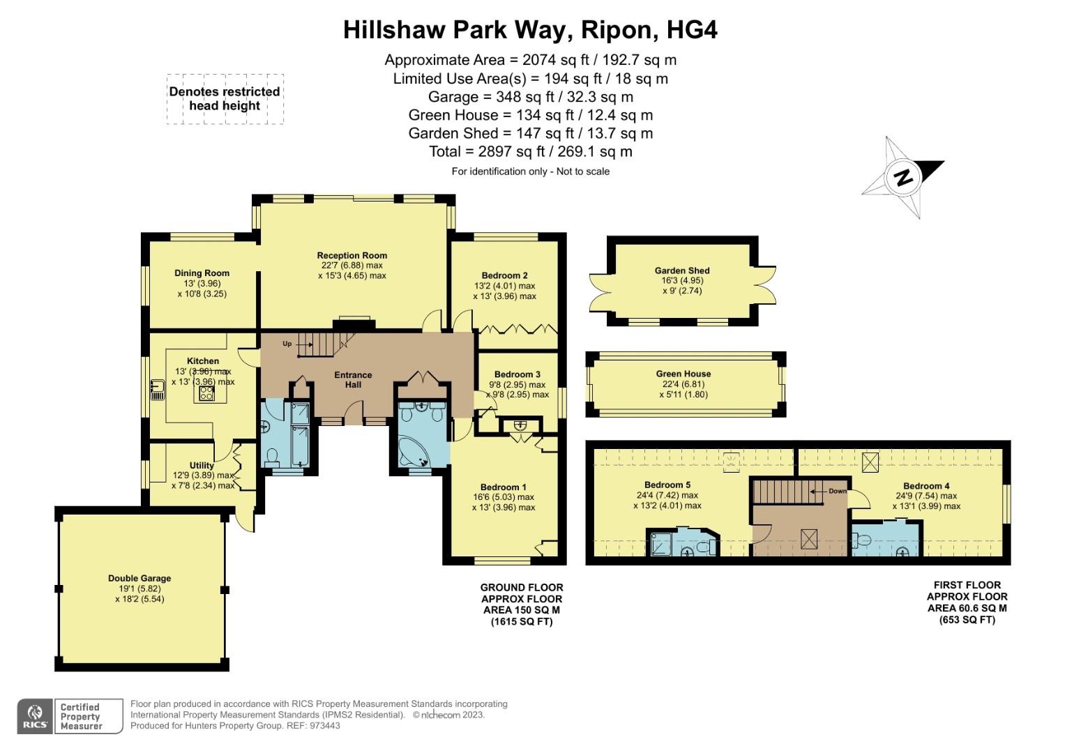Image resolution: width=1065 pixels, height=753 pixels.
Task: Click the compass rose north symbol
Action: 903,178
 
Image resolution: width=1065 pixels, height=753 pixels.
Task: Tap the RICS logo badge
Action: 34,716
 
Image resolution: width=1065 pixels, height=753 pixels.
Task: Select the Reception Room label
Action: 352,255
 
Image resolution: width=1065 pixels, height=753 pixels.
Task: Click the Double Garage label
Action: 139,578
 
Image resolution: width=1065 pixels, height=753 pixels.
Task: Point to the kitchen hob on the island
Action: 206,393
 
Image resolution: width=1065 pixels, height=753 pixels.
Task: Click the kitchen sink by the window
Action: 157,390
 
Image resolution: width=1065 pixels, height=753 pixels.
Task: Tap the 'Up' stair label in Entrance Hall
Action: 287,344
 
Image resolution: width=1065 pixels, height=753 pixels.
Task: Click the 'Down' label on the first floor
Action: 837,491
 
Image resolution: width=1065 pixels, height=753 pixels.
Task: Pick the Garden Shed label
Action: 681,271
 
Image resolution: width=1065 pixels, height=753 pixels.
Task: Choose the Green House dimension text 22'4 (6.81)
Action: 683,384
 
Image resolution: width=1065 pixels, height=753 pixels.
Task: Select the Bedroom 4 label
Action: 926,486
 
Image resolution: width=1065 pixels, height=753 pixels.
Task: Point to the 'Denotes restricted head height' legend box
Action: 225,99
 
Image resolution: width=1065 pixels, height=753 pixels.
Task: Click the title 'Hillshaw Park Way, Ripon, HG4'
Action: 530,30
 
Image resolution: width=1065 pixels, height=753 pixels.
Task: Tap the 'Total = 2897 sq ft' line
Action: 530,151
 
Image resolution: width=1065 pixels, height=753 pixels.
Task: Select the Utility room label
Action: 202,466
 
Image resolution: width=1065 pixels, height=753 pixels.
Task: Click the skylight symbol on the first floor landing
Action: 808,538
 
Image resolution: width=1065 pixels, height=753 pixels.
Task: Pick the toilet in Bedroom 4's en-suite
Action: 862,540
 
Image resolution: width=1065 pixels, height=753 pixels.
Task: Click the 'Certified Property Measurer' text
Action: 81,716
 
